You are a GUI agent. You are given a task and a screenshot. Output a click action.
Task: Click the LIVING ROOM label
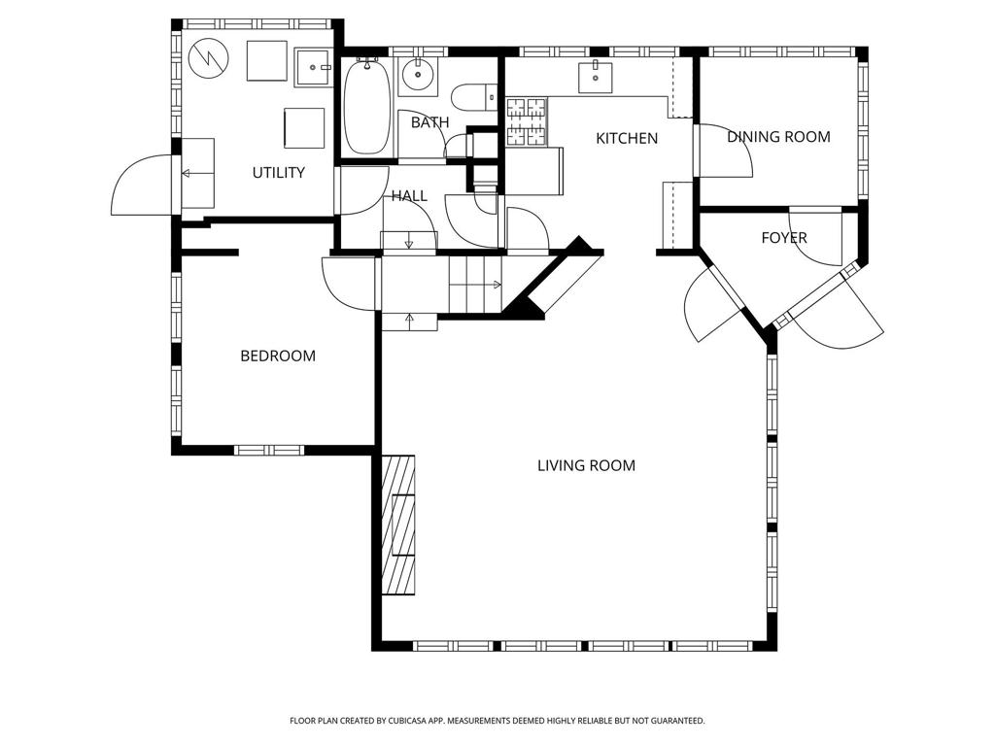pyautogui.click(x=586, y=465)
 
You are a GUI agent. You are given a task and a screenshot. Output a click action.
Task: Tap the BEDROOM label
pyautogui.click(x=278, y=356)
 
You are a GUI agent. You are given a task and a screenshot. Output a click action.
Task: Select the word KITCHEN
pyautogui.click(x=627, y=138)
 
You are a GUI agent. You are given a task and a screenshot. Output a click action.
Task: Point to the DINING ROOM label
pyautogui.click(x=778, y=136)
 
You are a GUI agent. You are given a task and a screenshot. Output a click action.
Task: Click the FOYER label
pyautogui.click(x=784, y=238)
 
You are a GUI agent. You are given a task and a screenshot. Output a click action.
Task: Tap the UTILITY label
pyautogui.click(x=279, y=173)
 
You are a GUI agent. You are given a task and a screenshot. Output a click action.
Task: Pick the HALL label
pyautogui.click(x=409, y=196)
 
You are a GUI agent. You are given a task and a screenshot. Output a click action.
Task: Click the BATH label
pyautogui.click(x=429, y=122)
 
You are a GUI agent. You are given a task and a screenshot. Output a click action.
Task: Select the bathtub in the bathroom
pyautogui.click(x=366, y=106)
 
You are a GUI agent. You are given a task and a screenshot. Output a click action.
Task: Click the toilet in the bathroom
pyautogui.click(x=474, y=98)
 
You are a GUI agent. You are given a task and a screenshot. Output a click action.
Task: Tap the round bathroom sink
pyautogui.click(x=418, y=76)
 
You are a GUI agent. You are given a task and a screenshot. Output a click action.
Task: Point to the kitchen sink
pyautogui.click(x=596, y=78)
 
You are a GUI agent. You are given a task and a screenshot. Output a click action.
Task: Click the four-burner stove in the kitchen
pyautogui.click(x=527, y=121)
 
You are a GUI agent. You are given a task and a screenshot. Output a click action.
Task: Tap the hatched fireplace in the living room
pyautogui.click(x=398, y=526)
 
